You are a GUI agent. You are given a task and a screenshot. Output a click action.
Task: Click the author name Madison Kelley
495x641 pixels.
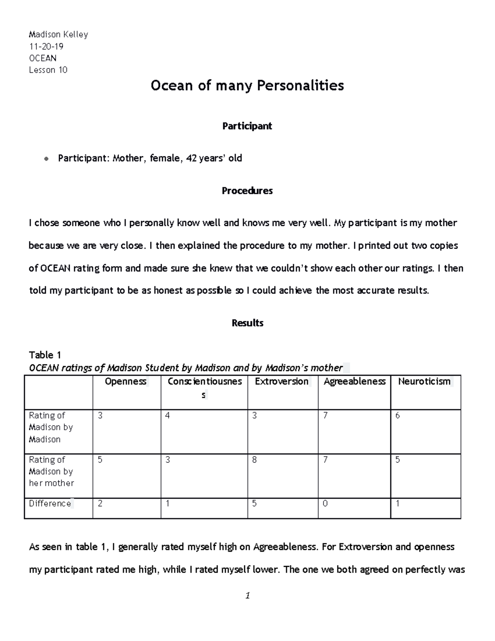click(x=58, y=34)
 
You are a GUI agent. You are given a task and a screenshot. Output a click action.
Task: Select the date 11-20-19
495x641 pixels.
click(x=46, y=46)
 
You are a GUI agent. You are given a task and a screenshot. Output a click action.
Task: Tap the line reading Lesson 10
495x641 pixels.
click(x=48, y=70)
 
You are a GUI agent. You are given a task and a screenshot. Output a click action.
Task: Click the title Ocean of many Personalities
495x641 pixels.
click(x=247, y=85)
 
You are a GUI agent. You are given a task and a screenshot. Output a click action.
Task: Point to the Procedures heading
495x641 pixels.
click(x=247, y=191)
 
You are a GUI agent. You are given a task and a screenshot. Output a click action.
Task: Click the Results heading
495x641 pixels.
click(x=247, y=323)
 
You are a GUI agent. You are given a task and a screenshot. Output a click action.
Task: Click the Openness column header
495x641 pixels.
click(x=125, y=381)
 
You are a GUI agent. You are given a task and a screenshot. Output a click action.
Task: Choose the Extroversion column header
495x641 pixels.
click(x=282, y=381)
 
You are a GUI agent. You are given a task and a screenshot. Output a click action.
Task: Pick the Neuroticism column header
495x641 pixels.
click(x=424, y=381)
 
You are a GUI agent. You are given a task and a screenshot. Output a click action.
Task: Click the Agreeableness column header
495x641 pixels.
click(x=354, y=381)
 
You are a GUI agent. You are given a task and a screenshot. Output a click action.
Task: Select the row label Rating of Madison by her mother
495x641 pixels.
click(x=51, y=471)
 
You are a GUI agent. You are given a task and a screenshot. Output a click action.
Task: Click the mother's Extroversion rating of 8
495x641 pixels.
click(x=255, y=460)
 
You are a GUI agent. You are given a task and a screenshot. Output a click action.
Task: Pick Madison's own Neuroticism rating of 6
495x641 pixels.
click(x=398, y=416)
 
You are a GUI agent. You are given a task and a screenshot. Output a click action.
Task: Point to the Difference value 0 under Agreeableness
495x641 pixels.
click(x=325, y=504)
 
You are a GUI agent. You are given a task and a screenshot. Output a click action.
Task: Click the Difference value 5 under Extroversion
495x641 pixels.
click(x=255, y=504)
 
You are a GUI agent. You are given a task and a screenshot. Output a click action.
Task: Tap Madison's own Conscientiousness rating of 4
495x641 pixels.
click(x=167, y=416)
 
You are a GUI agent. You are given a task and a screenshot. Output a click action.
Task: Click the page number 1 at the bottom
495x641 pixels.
click(x=247, y=596)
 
